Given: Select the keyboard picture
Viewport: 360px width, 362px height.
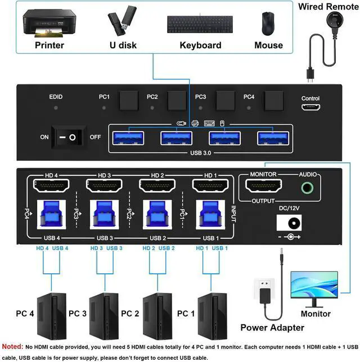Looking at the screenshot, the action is pyautogui.click(x=200, y=24).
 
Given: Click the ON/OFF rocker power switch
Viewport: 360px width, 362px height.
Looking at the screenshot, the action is pyautogui.click(x=68, y=137).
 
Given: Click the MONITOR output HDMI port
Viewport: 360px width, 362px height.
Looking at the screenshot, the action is pyautogui.click(x=263, y=186).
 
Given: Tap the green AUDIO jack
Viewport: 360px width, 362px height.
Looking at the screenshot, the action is pyautogui.click(x=307, y=187).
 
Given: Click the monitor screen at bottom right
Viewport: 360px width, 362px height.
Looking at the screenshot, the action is pyautogui.click(x=313, y=286).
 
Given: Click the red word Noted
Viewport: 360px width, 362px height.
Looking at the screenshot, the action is pyautogui.click(x=13, y=346).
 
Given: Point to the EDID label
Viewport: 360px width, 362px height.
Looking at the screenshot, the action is pyautogui.click(x=56, y=97).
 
